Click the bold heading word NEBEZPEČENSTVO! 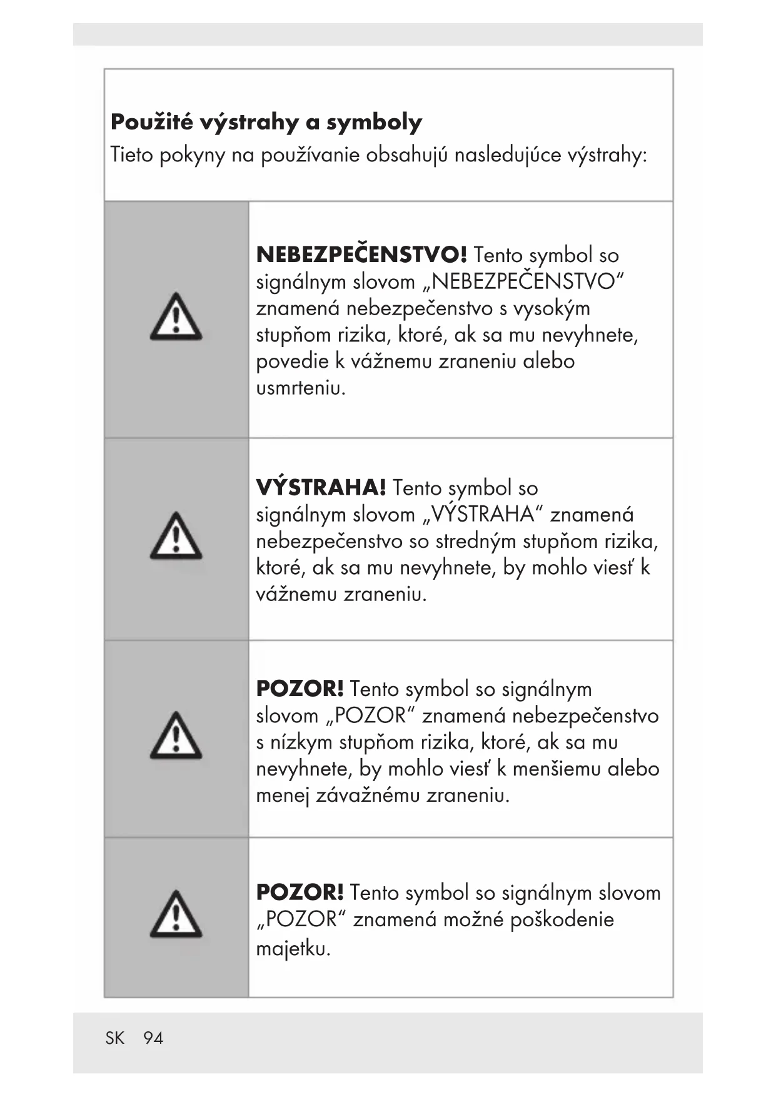coord(361,255)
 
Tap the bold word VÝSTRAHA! coord(321,487)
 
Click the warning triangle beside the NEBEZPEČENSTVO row coord(176,317)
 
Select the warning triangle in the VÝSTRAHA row coord(176,536)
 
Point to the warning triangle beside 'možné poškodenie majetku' coord(176,914)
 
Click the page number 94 coord(153,1038)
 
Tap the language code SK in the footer coord(115,1038)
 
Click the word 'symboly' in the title coord(374,122)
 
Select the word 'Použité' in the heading coord(151,122)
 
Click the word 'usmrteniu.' coord(301,388)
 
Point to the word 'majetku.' coord(293,949)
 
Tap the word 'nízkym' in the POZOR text coord(301,742)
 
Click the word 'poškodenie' coord(562,919)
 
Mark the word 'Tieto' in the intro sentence coord(131,154)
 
